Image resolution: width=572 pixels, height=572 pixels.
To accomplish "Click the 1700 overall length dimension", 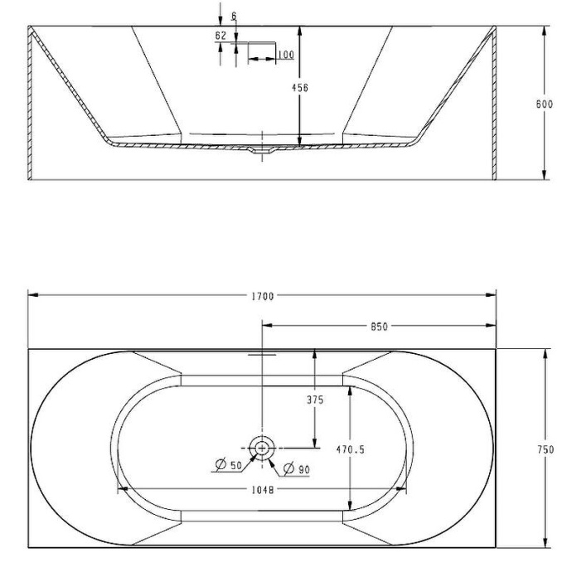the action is click(x=263, y=296).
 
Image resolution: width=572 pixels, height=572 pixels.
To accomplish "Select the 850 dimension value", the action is click(x=379, y=327).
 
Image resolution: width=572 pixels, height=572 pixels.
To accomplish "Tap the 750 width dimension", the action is click(x=545, y=449).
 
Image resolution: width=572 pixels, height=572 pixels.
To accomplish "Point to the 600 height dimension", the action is click(x=545, y=104).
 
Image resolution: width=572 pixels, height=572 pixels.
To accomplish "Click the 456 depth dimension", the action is click(x=300, y=88).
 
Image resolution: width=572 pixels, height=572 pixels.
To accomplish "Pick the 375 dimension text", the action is click(x=315, y=400).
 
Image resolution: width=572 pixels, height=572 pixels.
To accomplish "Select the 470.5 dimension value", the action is click(x=350, y=449).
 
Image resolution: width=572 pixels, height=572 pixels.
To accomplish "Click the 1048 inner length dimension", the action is click(x=263, y=490).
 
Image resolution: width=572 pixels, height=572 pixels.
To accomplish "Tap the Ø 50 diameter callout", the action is click(x=229, y=464).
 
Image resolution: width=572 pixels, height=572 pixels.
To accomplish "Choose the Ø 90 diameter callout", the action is click(x=297, y=468).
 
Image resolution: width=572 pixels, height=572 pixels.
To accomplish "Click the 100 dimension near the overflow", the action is click(x=286, y=55).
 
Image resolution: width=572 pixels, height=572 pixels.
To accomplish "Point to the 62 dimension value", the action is click(x=221, y=36).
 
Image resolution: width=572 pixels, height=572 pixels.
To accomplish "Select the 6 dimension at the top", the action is click(x=234, y=16).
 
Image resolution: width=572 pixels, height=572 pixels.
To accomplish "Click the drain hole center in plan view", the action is click(x=262, y=448).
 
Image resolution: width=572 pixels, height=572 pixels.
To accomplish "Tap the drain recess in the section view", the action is click(x=262, y=149).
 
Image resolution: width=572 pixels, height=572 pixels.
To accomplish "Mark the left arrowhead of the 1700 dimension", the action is click(x=33, y=295).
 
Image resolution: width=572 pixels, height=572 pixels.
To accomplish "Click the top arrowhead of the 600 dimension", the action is click(x=545, y=31).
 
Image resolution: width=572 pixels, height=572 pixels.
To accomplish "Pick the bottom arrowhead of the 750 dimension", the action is click(x=545, y=542).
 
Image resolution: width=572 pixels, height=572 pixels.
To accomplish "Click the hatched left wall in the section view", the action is click(x=31, y=103).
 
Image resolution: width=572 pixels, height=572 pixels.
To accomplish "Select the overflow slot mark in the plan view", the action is click(x=262, y=354).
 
